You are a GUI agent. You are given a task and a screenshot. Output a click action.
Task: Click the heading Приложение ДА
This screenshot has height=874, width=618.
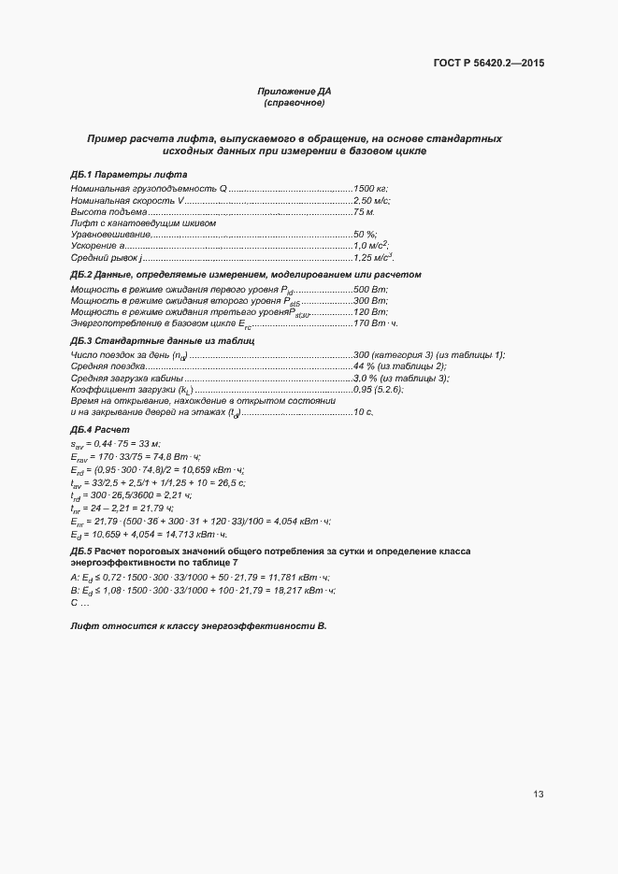(295, 92)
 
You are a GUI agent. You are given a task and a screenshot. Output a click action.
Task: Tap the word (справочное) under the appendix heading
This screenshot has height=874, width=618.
(295, 103)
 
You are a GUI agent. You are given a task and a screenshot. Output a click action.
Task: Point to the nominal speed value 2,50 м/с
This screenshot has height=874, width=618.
(371, 201)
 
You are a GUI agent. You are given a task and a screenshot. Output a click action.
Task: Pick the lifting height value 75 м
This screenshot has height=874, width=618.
(364, 212)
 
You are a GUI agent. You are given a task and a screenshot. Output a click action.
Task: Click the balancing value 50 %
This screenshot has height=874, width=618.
(365, 235)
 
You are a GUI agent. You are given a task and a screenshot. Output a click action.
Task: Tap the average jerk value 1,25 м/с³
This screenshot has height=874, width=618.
(372, 257)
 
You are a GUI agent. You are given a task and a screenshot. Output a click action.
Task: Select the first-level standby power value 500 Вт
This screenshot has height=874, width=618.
(370, 290)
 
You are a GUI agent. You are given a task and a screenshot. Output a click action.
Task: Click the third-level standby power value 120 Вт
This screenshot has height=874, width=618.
(370, 312)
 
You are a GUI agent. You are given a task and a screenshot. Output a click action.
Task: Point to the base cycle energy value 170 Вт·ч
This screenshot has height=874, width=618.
(376, 323)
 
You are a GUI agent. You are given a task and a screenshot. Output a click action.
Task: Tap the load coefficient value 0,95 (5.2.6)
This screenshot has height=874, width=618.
(378, 389)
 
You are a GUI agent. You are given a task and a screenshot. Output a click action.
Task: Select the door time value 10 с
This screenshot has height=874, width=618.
(363, 411)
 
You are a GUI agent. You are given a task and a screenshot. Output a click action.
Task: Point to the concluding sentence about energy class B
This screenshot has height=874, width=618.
(198, 623)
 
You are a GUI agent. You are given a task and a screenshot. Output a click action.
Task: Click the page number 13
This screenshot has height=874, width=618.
(539, 795)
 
